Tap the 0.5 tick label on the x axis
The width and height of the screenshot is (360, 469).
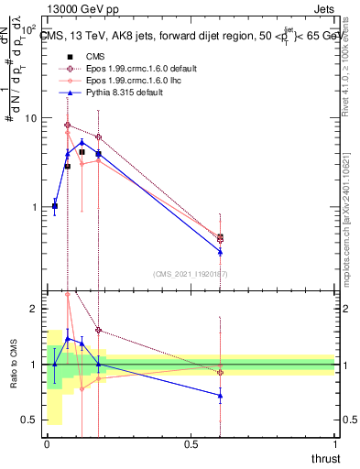191,445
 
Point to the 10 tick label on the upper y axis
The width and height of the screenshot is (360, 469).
30,119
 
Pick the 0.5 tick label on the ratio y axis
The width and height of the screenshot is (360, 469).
29,420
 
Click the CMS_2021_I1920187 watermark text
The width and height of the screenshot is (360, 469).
191,274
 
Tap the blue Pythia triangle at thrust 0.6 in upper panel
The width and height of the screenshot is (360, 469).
220,251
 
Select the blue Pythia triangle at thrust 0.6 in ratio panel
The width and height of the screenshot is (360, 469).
220,396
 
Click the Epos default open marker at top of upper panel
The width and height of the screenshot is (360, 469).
68,125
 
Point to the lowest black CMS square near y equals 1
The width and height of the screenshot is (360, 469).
55,206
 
